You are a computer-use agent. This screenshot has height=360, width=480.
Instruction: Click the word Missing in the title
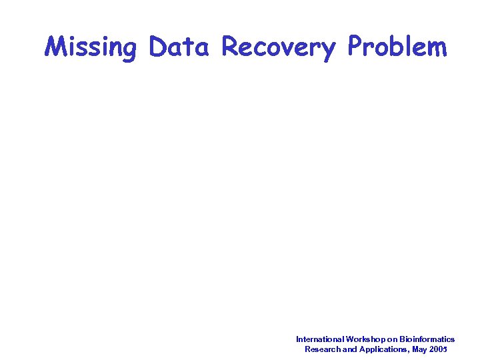(91, 47)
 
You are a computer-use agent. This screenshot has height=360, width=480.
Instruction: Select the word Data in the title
(179, 47)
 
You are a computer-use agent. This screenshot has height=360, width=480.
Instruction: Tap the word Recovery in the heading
(278, 47)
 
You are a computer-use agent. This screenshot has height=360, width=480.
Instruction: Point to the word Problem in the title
(397, 47)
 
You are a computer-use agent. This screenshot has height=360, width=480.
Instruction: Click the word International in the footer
(320, 339)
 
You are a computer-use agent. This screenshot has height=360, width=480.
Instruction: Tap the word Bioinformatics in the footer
(427, 339)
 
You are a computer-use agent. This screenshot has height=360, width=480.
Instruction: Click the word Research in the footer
(322, 349)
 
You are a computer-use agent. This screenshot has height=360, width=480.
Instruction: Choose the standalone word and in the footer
(349, 349)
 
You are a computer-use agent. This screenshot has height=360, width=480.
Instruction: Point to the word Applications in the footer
(382, 349)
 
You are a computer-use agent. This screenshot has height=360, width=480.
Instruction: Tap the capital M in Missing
(55, 47)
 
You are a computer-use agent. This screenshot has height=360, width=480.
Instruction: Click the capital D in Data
(159, 47)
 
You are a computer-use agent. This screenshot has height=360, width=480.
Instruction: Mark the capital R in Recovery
(231, 47)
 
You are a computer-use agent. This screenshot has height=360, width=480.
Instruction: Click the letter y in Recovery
(328, 51)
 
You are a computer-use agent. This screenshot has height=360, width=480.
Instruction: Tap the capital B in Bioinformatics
(401, 339)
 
